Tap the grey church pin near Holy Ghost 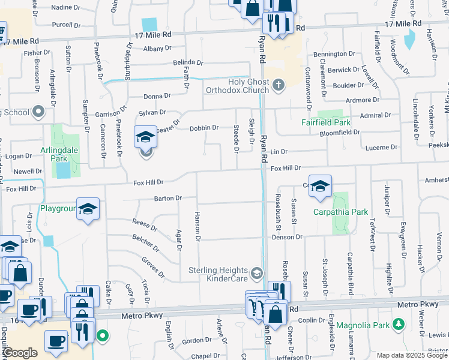tap(277, 86)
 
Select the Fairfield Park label tap(326, 122)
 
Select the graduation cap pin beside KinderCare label tap(257, 274)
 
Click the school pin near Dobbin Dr tap(145, 137)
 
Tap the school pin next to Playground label tap(88, 209)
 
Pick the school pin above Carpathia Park tap(321, 188)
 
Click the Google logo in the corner tap(20, 353)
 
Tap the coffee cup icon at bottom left tap(56, 341)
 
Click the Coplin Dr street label tap(311, 320)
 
